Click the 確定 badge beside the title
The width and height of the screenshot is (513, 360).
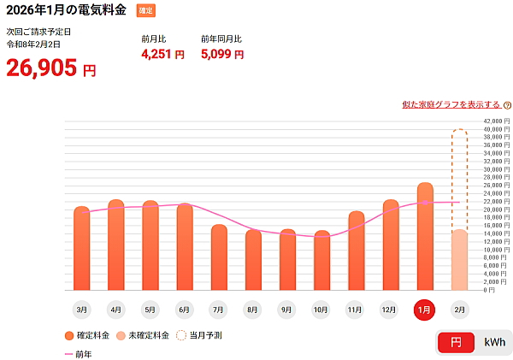click(146, 10)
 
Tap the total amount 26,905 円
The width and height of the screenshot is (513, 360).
click(51, 68)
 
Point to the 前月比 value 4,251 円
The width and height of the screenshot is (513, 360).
click(162, 55)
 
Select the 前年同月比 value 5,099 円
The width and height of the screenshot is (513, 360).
click(222, 55)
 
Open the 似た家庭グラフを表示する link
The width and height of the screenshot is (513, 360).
click(451, 104)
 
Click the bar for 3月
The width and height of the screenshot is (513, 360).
click(81, 248)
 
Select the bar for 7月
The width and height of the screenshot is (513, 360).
click(219, 257)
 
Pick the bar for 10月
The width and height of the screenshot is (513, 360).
click(321, 260)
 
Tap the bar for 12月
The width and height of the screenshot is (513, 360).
click(391, 245)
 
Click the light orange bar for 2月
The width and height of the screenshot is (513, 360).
click(459, 260)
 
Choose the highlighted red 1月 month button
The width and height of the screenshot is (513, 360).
click(425, 310)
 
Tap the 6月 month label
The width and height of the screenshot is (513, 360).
click(184, 309)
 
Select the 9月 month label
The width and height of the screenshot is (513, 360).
click(287, 309)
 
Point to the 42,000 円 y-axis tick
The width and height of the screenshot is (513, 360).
click(496, 121)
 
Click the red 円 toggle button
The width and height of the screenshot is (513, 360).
click(456, 342)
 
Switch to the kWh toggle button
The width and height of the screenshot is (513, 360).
click(494, 342)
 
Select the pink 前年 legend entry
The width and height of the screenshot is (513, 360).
click(78, 353)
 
